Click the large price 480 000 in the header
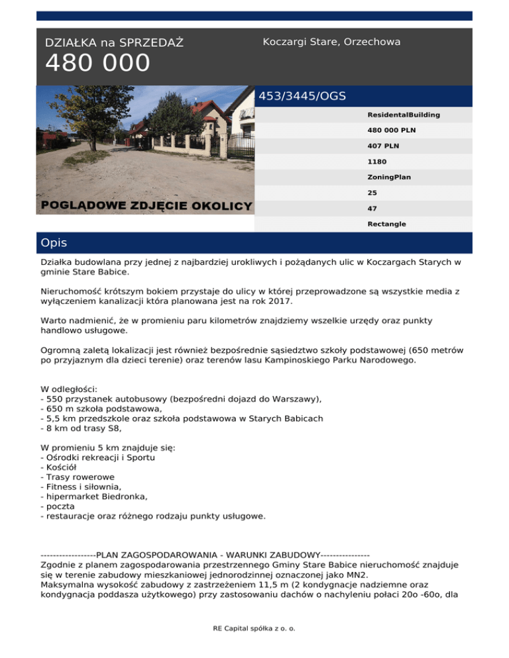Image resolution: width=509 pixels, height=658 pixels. tap(97, 64)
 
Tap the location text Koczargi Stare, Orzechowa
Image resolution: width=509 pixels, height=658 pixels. tap(331, 42)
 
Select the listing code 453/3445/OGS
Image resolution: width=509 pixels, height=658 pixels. tap(302, 96)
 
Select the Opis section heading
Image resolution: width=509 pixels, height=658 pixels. tap(54, 243)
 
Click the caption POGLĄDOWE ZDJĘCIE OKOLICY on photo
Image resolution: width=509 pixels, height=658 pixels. tap(146, 205)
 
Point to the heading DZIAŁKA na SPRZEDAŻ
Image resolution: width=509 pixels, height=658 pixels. tap(114, 43)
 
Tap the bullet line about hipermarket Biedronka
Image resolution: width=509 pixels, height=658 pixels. tap(91, 496)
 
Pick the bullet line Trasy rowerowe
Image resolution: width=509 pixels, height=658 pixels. tap(78, 477)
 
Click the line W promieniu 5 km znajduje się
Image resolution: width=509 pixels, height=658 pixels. tap(109, 448)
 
